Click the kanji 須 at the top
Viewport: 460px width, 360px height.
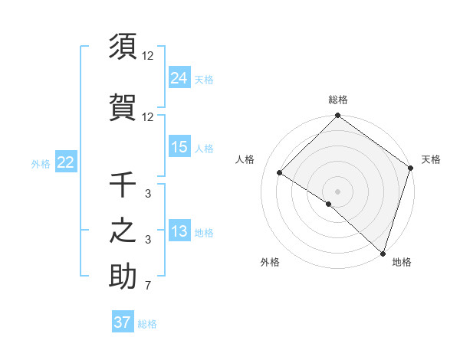[123, 47]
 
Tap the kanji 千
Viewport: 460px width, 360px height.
[123, 185]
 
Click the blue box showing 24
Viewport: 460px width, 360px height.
[179, 77]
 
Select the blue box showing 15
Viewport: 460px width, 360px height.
[179, 147]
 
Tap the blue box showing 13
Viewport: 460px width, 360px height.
[179, 231]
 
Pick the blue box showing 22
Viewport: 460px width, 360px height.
[66, 162]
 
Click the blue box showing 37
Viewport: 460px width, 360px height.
[123, 322]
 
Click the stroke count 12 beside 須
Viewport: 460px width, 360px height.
[148, 56]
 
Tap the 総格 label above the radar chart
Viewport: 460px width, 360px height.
[338, 100]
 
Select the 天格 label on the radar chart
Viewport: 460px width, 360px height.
[431, 159]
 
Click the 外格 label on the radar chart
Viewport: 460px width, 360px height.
[269, 262]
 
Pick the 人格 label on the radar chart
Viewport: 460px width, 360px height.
[245, 159]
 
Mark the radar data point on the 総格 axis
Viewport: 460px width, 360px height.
[337, 116]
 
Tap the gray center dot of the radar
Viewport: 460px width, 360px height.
[337, 191]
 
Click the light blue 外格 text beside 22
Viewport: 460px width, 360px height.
[41, 163]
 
